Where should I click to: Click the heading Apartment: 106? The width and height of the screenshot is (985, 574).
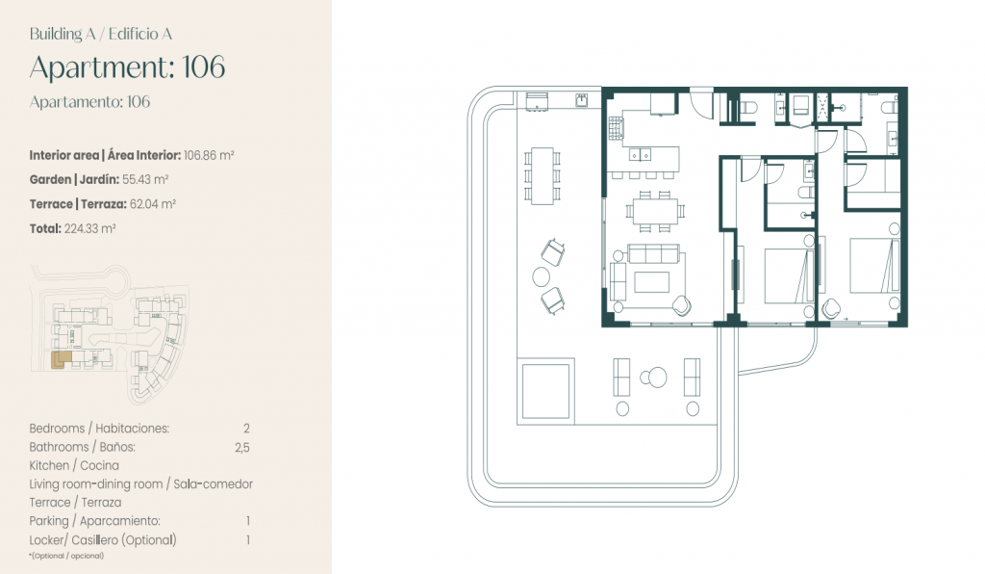[x=127, y=67]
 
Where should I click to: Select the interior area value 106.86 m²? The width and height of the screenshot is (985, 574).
[x=209, y=155]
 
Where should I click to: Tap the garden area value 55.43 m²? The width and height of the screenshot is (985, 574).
[x=145, y=180]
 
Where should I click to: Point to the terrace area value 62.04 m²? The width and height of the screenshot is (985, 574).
[x=153, y=204]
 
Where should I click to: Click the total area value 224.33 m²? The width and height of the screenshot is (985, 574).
[x=89, y=229]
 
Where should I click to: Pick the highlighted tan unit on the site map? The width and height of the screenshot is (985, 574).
[x=59, y=359]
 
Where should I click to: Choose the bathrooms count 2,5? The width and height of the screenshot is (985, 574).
[x=241, y=448]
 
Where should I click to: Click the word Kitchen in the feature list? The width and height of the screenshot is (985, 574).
[x=49, y=466]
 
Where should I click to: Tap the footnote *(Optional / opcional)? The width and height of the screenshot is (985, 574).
[x=66, y=556]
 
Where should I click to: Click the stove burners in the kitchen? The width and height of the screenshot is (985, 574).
[x=616, y=128]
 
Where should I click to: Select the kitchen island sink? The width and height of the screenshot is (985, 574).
[x=640, y=154]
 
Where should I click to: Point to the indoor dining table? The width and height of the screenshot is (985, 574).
[x=655, y=210]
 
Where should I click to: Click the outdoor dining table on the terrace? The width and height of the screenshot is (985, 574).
[x=543, y=176]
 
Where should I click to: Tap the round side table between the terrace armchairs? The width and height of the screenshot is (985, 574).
[x=541, y=276]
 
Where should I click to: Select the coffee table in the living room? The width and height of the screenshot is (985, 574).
[x=651, y=282]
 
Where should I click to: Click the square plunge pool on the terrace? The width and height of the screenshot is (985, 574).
[x=546, y=391]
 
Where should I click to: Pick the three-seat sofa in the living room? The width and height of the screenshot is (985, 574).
[x=653, y=254]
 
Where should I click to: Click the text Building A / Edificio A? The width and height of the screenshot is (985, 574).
[x=100, y=34]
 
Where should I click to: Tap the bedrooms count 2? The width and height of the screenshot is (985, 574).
[x=246, y=429]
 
